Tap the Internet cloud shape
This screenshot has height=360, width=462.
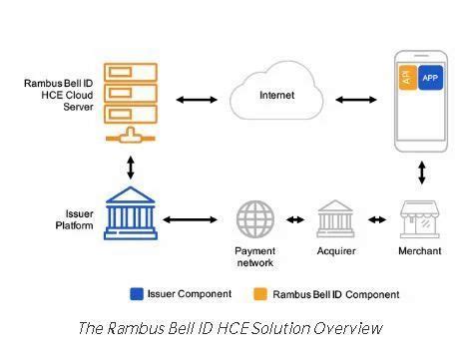pyautogui.click(x=277, y=98)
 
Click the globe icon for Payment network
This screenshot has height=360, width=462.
pyautogui.click(x=254, y=219)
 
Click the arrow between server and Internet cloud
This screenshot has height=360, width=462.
pyautogui.click(x=196, y=100)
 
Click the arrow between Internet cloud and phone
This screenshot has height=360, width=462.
pyautogui.click(x=354, y=100)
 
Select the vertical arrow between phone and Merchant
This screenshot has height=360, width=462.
pyautogui.click(x=422, y=172)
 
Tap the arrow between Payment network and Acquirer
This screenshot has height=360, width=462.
pyautogui.click(x=295, y=219)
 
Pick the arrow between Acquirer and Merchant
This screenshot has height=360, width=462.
pyautogui.click(x=377, y=219)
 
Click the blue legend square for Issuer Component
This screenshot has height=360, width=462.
pyautogui.click(x=137, y=294)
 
